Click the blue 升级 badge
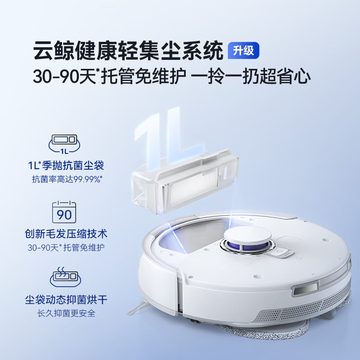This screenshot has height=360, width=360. tap(244, 50)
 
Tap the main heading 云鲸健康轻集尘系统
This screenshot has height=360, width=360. tap(128, 51)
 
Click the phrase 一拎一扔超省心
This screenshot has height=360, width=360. tap(251, 76)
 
